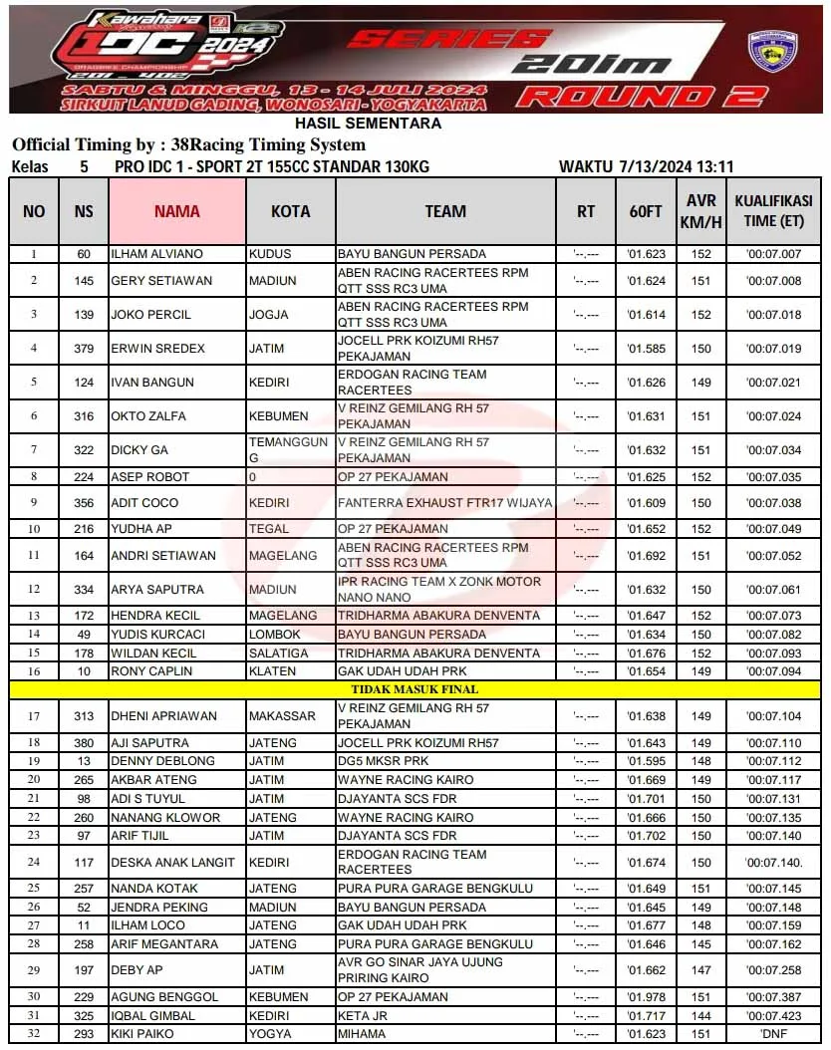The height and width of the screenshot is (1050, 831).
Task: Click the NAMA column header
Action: pos(177,211)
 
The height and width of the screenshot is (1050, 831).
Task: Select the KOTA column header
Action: pos(290,211)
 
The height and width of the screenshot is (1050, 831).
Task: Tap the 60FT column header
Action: pos(646,211)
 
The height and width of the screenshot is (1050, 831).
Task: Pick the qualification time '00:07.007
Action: pos(773,254)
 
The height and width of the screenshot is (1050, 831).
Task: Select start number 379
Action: pos(84,349)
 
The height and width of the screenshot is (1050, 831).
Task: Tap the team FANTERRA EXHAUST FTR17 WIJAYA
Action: pos(444,503)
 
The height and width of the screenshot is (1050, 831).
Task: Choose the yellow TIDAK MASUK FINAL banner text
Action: pos(415,689)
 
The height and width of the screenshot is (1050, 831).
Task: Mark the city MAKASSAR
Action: pos(282,716)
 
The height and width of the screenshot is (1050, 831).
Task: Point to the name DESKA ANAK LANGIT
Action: pos(172,863)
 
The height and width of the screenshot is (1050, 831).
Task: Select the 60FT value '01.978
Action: pos(646,997)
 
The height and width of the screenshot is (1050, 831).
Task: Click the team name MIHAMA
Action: pos(362,1034)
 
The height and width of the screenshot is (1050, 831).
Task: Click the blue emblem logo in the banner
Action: pos(772,52)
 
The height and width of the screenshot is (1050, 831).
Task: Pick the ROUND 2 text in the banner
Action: pos(643,97)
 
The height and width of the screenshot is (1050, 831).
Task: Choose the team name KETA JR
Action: pos(363,1016)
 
